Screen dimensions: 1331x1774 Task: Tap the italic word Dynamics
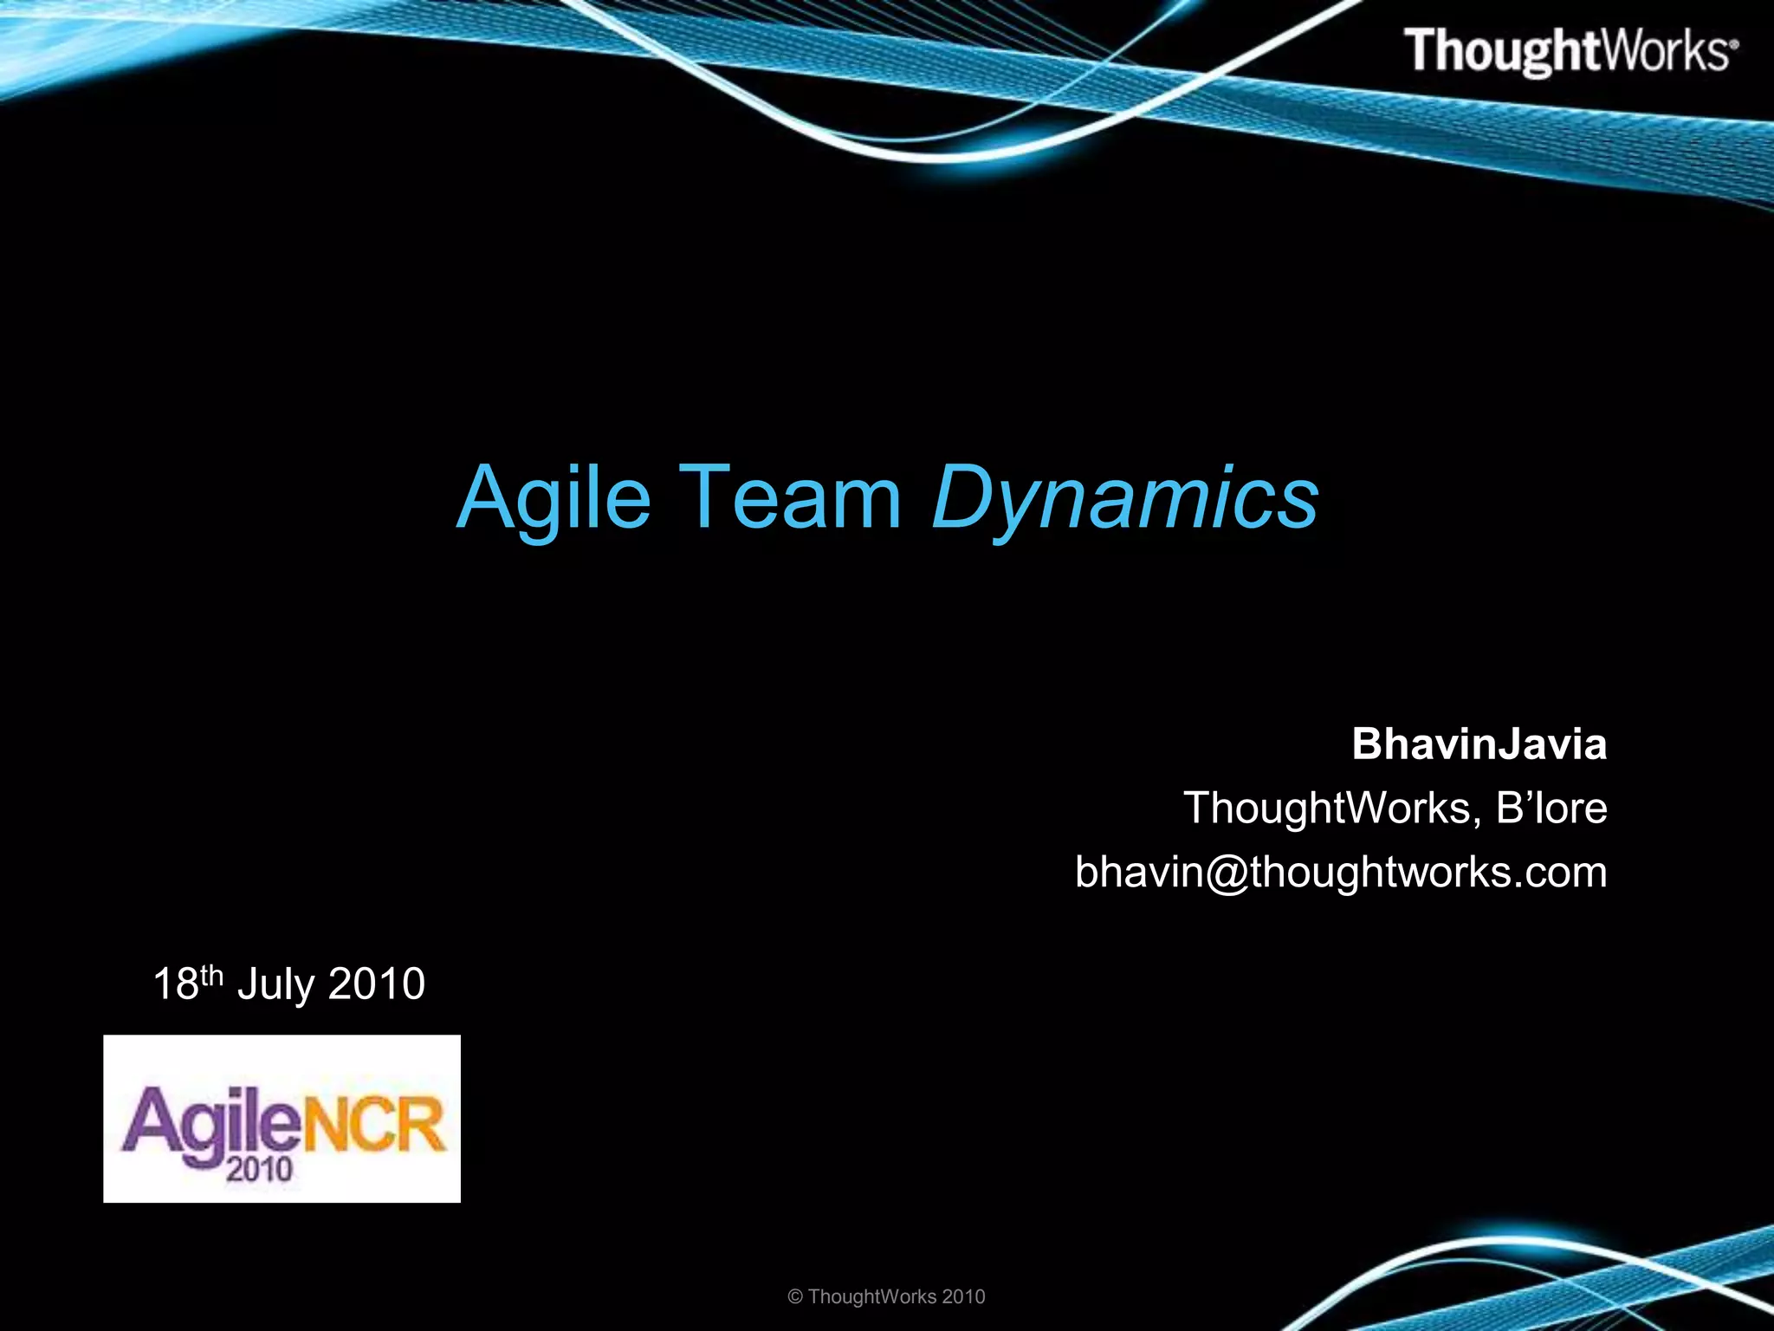(1124, 497)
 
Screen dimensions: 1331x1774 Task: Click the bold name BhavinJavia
(1479, 744)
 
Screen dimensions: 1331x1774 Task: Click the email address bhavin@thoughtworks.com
(1340, 872)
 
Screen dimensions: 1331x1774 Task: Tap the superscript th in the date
(212, 975)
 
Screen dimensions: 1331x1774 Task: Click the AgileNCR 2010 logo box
(282, 1118)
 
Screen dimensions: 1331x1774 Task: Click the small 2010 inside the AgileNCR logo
(259, 1171)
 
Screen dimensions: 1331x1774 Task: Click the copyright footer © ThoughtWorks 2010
(886, 1296)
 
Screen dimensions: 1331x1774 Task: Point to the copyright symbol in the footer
(795, 1297)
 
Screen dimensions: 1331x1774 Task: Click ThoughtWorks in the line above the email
(1326, 808)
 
